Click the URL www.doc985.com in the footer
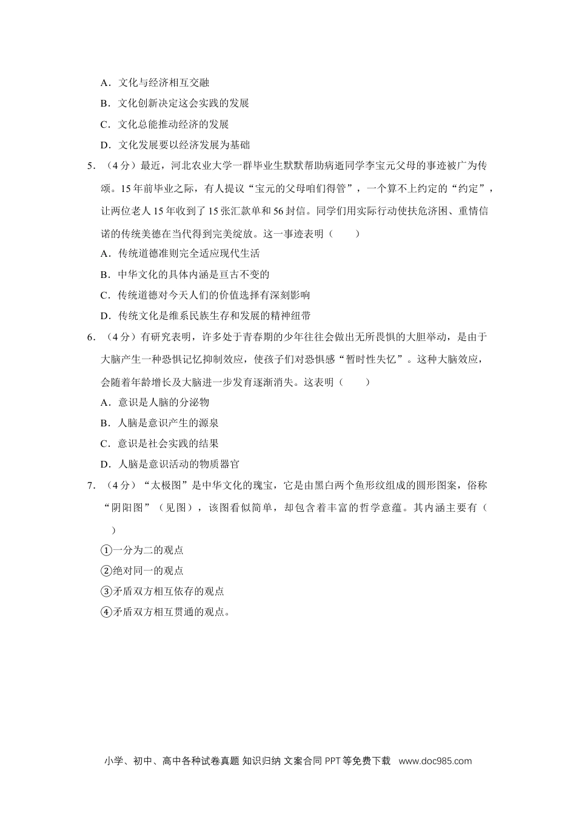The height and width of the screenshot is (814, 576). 435,761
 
